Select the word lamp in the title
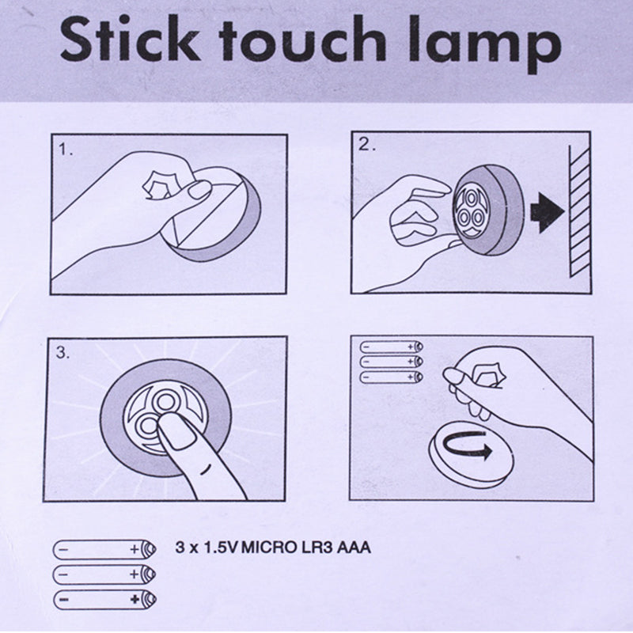click(x=484, y=44)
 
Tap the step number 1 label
click(x=66, y=150)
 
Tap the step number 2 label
click(x=366, y=145)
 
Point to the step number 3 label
click(x=63, y=352)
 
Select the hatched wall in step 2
click(x=580, y=211)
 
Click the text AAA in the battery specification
click(x=353, y=548)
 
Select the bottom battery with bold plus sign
click(x=104, y=600)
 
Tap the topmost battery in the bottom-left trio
click(x=104, y=549)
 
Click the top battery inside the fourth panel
click(x=391, y=347)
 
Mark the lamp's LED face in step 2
click(x=469, y=211)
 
